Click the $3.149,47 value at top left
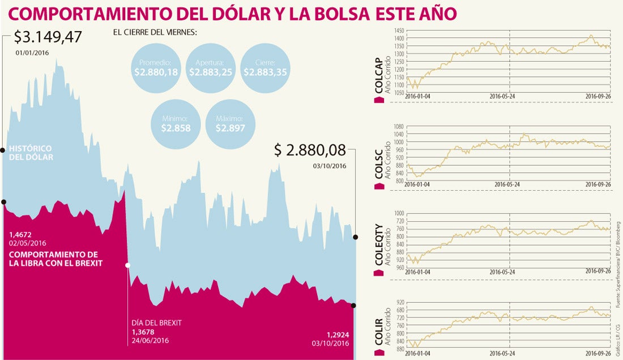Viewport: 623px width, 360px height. (48, 37)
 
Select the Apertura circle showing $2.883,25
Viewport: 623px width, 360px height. (211, 67)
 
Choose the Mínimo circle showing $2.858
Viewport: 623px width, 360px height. (175, 123)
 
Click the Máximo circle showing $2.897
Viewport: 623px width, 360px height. (230, 123)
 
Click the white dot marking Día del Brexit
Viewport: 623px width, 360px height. (128, 265)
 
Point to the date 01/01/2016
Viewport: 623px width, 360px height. (32, 53)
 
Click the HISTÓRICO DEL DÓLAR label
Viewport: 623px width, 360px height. (31, 152)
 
